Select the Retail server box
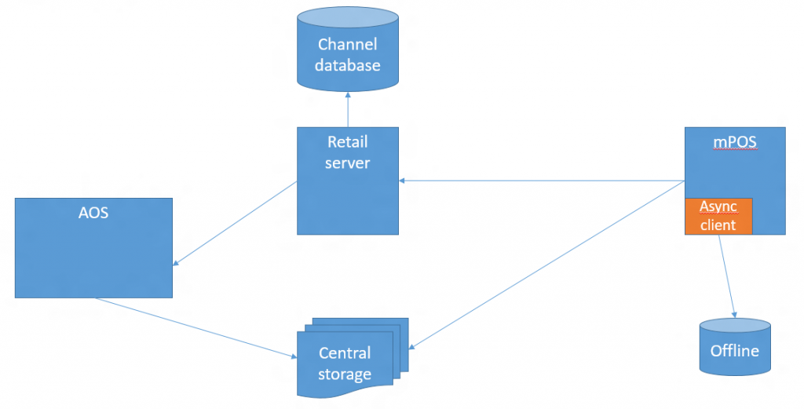click(347, 196)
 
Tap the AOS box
click(93, 259)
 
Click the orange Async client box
click(718, 216)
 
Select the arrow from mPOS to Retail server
click(542, 181)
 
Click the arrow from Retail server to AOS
click(236, 223)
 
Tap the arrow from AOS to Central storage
click(196, 328)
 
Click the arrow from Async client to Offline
click(726, 275)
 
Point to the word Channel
click(347, 44)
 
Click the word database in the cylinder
click(347, 65)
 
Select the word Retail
click(347, 142)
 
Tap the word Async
click(718, 206)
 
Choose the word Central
click(345, 352)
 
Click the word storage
click(345, 374)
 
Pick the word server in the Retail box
click(347, 163)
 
